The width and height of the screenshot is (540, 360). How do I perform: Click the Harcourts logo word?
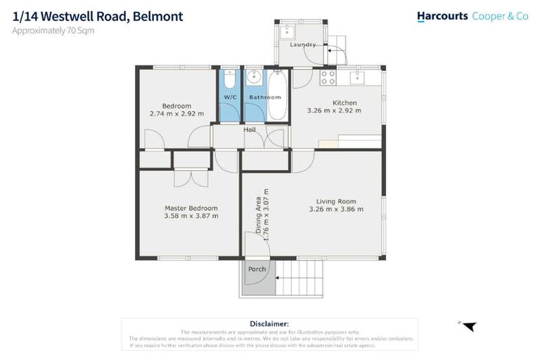pyautogui.click(x=442, y=15)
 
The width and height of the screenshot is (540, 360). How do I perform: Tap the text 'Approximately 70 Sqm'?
pyautogui.click(x=53, y=30)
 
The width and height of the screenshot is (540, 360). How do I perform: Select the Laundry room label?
pyautogui.click(x=302, y=45)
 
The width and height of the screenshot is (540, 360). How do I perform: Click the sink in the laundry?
pyautogui.click(x=288, y=31)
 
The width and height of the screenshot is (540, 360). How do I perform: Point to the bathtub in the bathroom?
pyautogui.click(x=277, y=96)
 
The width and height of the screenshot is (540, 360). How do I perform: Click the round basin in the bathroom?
pyautogui.click(x=254, y=77)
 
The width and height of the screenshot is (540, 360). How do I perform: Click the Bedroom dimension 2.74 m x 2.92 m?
pyautogui.click(x=176, y=113)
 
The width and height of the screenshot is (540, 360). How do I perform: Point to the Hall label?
pyautogui.click(x=250, y=129)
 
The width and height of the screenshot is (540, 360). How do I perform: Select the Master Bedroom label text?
pyautogui.click(x=191, y=208)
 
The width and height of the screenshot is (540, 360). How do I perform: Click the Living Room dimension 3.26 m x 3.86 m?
pyautogui.click(x=336, y=209)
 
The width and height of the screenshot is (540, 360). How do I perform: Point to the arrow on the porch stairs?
pyautogui.click(x=279, y=282)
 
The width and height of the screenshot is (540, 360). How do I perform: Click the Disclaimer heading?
pyautogui.click(x=269, y=323)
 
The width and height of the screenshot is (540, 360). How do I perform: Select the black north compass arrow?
pyautogui.click(x=469, y=326)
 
